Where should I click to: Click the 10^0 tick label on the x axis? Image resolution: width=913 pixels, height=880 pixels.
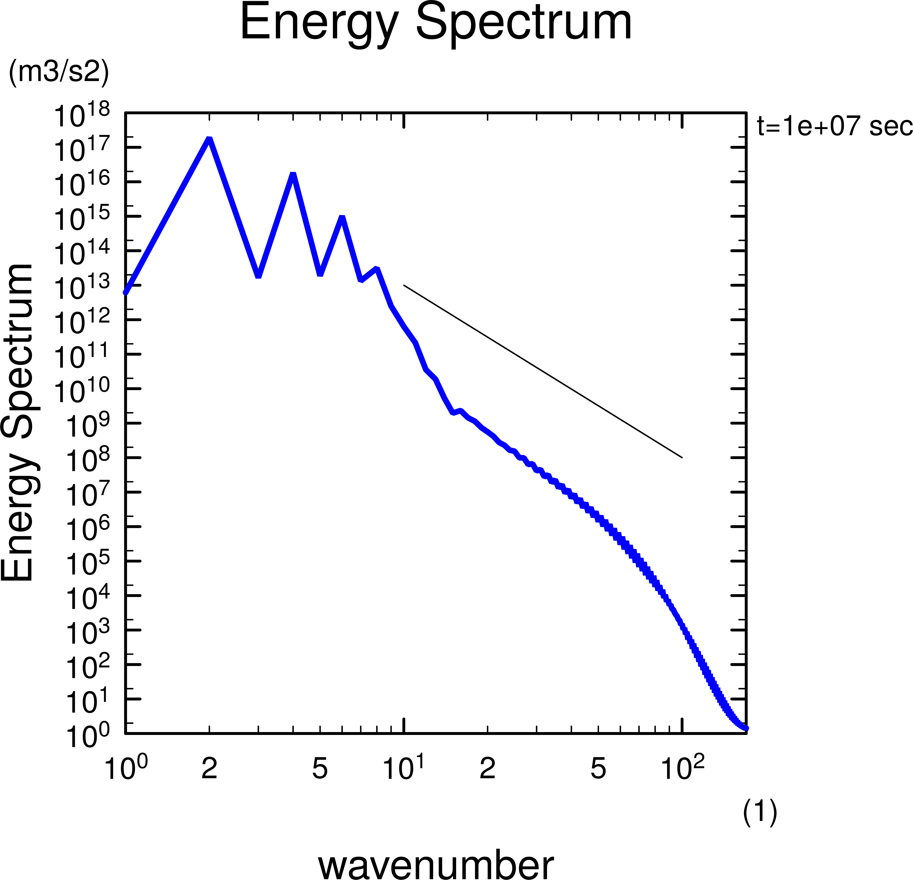pos(126,767)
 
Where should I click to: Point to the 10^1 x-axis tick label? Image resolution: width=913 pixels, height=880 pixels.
pos(403,767)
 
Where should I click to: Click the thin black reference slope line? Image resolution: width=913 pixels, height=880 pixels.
pos(543,371)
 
